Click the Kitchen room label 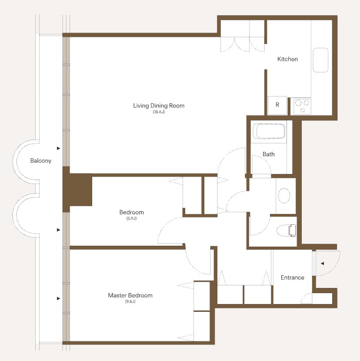pyautogui.click(x=287, y=59)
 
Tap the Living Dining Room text pyautogui.click(x=159, y=106)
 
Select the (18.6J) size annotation pyautogui.click(x=159, y=112)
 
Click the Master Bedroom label pyautogui.click(x=130, y=295)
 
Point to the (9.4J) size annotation pyautogui.click(x=130, y=301)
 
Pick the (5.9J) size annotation pyautogui.click(x=131, y=218)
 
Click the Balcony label pyautogui.click(x=41, y=160)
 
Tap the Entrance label pyautogui.click(x=293, y=277)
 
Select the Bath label pyautogui.click(x=269, y=154)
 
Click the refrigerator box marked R pyautogui.click(x=277, y=105)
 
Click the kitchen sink pyautogui.click(x=320, y=60)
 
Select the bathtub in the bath pyautogui.click(x=269, y=131)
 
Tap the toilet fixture pyautogui.click(x=287, y=231)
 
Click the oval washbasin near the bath pyautogui.click(x=284, y=195)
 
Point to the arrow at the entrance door pyautogui.click(x=323, y=264)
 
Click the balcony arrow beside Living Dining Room pyautogui.click(x=58, y=148)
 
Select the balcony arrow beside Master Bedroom pyautogui.click(x=58, y=299)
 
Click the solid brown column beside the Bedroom pyautogui.click(x=77, y=190)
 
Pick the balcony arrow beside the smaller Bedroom pyautogui.click(x=58, y=230)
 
